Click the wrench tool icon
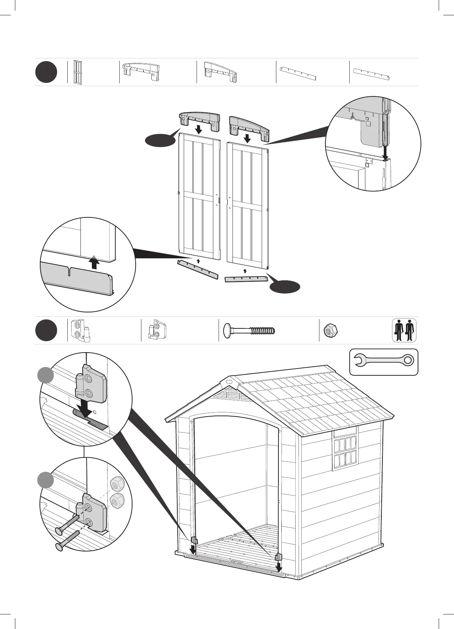pos(383,361)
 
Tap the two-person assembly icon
pos(404,330)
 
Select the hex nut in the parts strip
pos(330,331)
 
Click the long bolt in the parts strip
pos(249,331)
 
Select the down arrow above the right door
pos(246,138)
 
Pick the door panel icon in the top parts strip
pos(78,72)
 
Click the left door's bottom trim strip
pos(197,269)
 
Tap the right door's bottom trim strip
pos(246,279)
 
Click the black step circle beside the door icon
pos(46,72)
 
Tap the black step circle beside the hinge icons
pos(46,330)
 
